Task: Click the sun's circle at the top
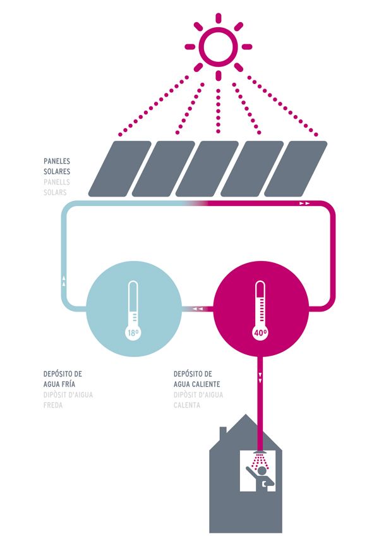coord(218,45)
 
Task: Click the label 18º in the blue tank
coord(132,332)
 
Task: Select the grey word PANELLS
coord(57,181)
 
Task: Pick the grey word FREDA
coord(54,405)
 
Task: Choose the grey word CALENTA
coord(187,405)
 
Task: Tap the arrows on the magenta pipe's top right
coord(304,203)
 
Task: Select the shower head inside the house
coord(260,455)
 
